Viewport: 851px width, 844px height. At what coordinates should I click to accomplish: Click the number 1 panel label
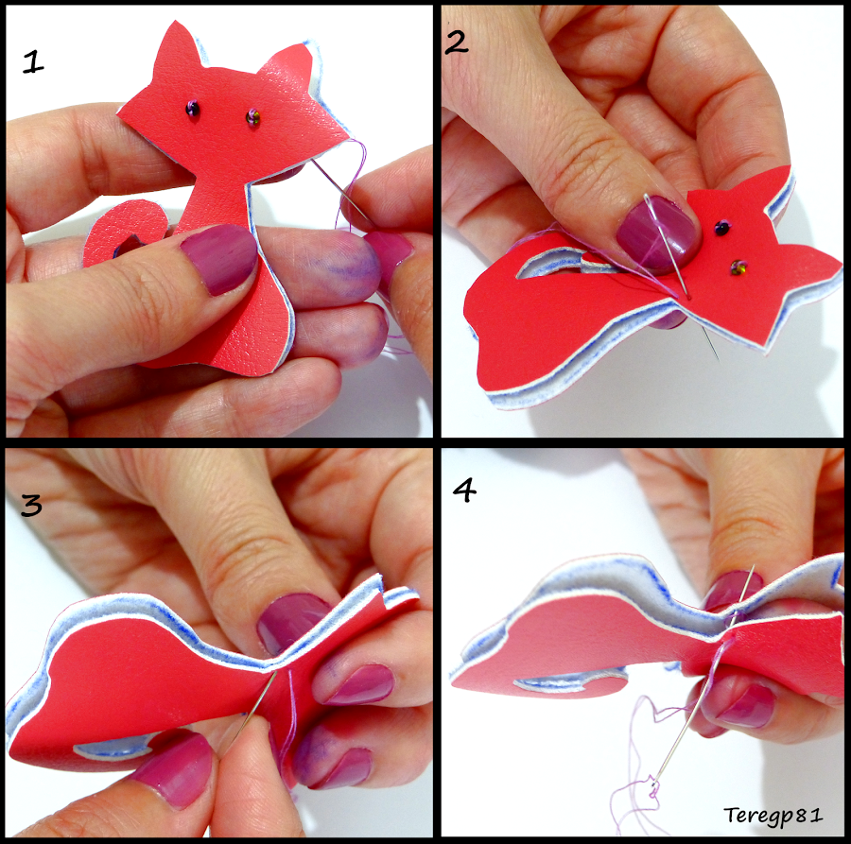(34, 62)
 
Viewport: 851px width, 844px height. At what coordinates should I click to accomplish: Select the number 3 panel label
(31, 506)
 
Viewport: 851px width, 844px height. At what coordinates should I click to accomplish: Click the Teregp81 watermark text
(773, 814)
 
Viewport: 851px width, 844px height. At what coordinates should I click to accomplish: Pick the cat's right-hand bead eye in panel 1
(253, 117)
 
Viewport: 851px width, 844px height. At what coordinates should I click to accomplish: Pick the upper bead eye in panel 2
(721, 229)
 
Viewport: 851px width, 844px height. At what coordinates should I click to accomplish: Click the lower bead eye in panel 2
(738, 269)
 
